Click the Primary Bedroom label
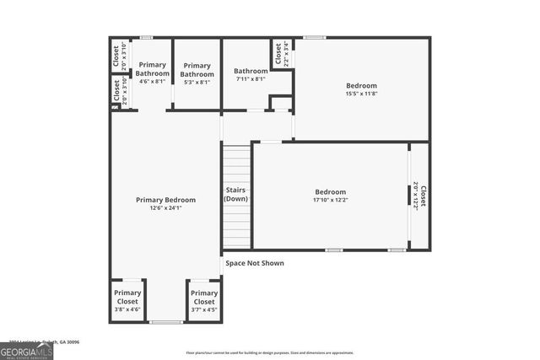pos(165,200)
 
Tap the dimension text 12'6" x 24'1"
pos(165,207)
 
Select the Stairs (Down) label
pos(236,194)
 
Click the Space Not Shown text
pos(254,263)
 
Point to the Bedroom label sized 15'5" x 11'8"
pos(361,85)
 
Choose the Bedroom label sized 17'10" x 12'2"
pos(330,191)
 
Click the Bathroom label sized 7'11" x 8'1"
pos(250,71)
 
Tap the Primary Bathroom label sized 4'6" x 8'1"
pos(153,69)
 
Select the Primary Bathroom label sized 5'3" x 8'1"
pos(197,69)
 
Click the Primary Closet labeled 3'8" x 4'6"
pos(127,297)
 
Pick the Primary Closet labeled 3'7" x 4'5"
pos(203,297)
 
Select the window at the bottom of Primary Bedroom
pos(165,322)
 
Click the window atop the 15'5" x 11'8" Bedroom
pos(315,37)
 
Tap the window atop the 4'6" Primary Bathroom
pos(146,37)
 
